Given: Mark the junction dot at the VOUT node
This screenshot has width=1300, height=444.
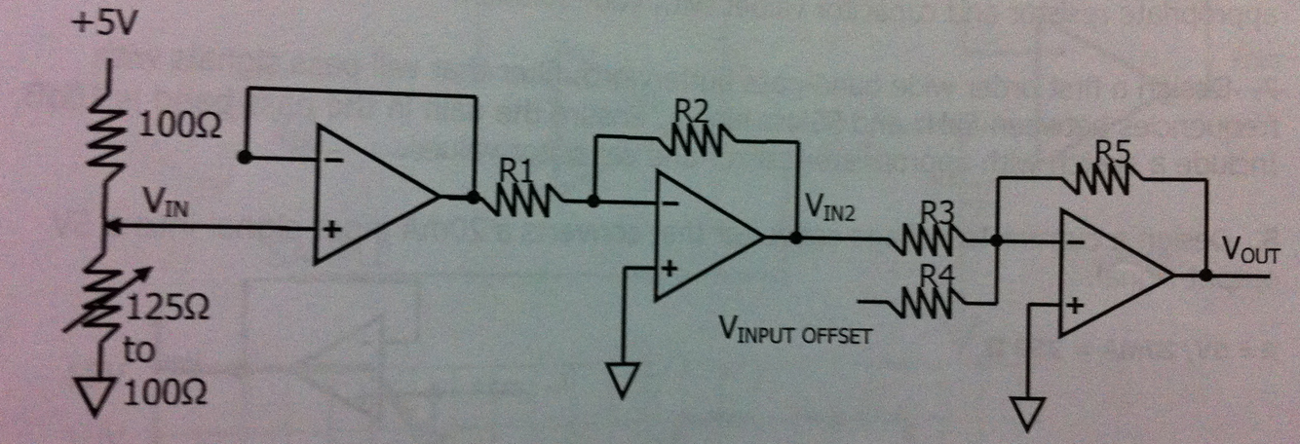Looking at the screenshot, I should click(x=1206, y=276).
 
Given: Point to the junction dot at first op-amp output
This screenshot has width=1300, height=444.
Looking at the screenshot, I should click(x=474, y=197).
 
